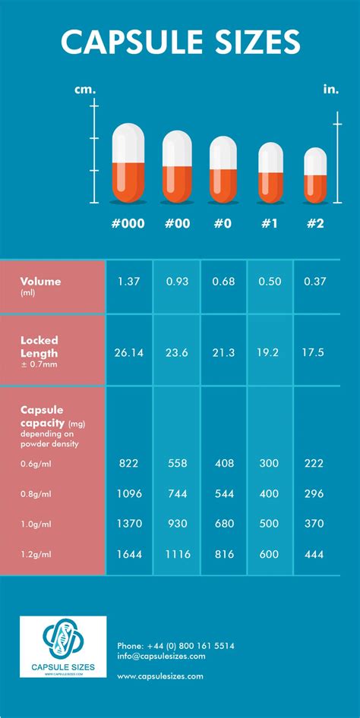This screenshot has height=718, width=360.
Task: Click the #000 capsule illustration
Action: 129,164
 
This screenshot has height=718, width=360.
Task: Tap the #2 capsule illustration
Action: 316,175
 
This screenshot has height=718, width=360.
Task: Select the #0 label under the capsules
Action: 223,223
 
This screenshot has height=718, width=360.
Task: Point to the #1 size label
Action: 270,223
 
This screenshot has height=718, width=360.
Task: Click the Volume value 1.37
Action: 129,282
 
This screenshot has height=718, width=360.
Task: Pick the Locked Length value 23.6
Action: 176,352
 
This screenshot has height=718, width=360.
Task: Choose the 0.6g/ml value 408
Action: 223,464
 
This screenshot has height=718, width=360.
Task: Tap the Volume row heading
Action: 41,282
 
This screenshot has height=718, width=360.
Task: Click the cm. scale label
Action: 85,90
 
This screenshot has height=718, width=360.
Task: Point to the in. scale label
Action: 331,90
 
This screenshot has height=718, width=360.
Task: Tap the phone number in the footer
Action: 175,646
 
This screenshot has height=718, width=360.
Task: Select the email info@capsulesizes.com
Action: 162,657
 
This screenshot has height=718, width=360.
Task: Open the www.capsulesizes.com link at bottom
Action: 160,675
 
